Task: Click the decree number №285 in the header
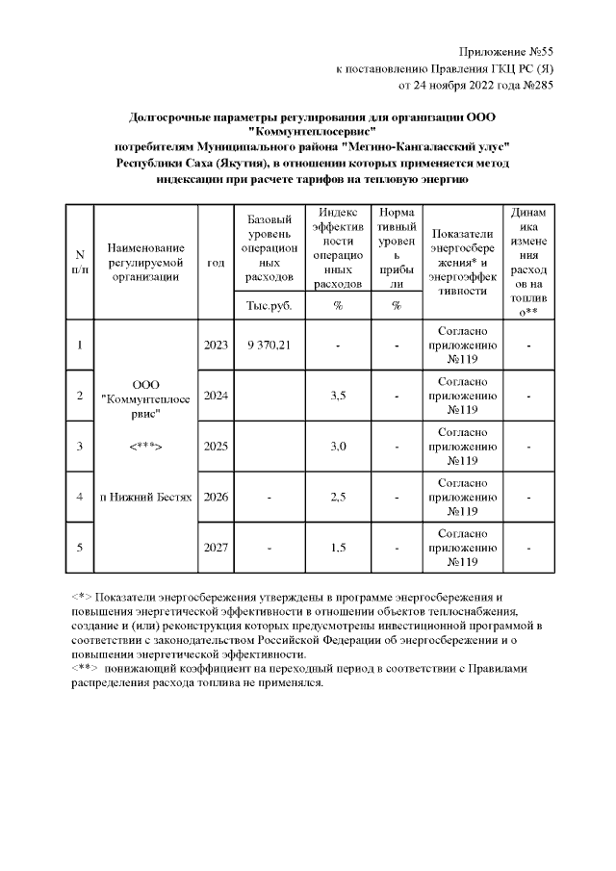[x=536, y=85]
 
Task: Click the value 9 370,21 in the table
[x=269, y=345]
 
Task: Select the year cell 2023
[x=216, y=345]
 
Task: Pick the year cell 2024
[x=216, y=396]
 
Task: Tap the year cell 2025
[x=216, y=447]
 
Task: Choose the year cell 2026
[x=216, y=497]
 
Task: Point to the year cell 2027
[x=216, y=548]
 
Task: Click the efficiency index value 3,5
[x=338, y=396]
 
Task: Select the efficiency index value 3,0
[x=338, y=447]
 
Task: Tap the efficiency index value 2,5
[x=338, y=497]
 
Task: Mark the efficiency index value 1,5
[x=338, y=548]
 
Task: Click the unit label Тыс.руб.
[x=269, y=306]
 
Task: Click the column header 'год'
[x=216, y=262]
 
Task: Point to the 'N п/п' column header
[x=79, y=262]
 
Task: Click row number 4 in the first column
[x=79, y=497]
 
